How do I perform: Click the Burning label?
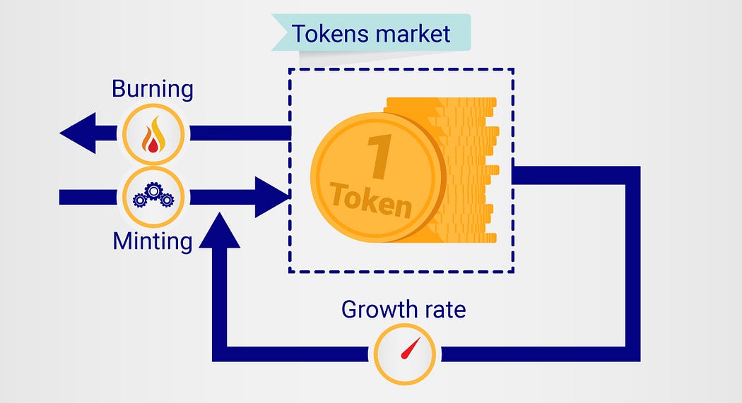coord(152,90)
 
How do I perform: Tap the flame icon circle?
coord(153,134)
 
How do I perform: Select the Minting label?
coord(153,241)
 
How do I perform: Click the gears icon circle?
coord(153,196)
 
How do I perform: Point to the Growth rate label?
coord(404,309)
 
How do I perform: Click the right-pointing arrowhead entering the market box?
coord(272,197)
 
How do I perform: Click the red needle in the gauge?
coord(408,349)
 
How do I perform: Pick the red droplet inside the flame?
coord(151,143)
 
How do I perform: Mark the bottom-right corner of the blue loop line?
coord(632,354)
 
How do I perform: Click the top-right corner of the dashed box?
coord(513,69)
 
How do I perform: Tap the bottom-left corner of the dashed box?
coord(289,272)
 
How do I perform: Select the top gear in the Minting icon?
coord(153,188)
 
